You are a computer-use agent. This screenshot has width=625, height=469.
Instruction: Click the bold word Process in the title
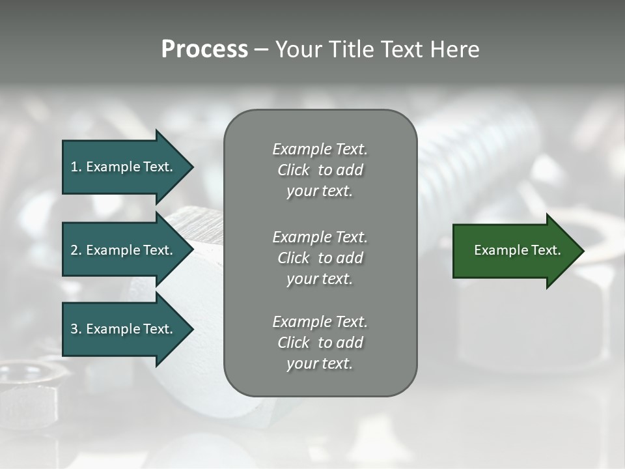point(204,50)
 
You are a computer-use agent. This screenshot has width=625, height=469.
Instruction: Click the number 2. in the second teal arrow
point(76,250)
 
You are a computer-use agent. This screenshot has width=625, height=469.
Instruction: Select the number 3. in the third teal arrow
point(76,329)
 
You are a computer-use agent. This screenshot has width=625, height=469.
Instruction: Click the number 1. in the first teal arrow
point(76,167)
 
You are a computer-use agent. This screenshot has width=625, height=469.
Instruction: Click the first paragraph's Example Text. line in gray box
point(320,149)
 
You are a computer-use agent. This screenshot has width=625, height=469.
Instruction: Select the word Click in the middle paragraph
point(293,258)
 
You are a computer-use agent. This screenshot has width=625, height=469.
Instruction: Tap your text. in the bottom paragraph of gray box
point(320,363)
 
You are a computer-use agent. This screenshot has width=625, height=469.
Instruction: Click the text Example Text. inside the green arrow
point(517,250)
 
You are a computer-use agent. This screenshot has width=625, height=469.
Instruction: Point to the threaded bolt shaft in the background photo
point(482,163)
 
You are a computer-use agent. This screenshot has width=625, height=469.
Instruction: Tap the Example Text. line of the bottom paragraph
point(320,322)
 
